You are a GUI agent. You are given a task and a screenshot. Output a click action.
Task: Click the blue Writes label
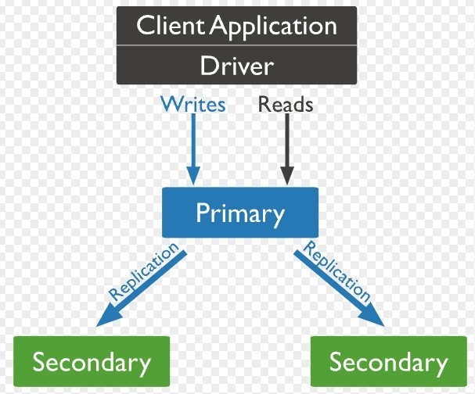coord(192,104)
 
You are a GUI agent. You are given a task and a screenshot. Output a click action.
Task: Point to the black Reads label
coord(286,104)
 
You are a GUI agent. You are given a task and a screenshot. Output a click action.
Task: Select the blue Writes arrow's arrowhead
coord(193,177)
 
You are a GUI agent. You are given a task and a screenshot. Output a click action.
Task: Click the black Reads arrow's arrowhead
coord(287,177)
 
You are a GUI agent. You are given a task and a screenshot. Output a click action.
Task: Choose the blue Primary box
coord(239,212)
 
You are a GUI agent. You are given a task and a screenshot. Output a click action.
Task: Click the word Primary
coord(239,213)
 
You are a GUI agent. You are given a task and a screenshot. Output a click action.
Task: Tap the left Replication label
coord(146,274)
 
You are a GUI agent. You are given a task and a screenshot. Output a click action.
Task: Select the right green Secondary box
coord(388,363)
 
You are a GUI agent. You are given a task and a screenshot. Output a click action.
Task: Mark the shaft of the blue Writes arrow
coord(193,141)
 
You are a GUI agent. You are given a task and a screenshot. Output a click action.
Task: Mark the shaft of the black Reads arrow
coord(287,141)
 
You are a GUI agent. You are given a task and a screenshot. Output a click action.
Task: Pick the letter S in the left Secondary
coord(39,363)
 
